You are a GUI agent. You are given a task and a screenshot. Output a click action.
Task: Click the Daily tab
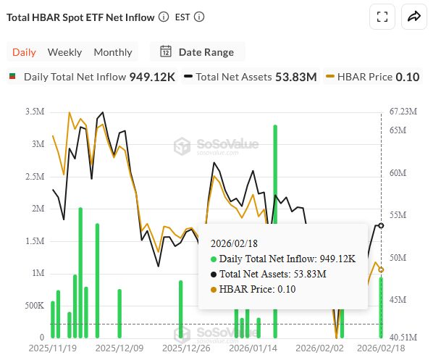coord(24,52)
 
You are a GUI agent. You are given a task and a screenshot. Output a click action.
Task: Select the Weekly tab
coord(64,52)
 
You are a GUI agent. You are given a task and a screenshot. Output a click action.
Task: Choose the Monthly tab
coord(113,52)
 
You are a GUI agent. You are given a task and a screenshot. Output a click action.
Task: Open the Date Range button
coord(197,52)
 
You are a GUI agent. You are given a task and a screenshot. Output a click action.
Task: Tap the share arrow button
coord(415,17)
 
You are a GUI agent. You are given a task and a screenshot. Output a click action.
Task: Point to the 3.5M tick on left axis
coord(33,112)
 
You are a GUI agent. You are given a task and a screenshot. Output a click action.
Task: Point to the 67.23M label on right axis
coord(403,112)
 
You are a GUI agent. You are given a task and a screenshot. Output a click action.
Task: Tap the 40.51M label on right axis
coord(403,338)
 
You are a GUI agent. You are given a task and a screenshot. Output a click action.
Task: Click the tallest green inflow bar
coord(275,232)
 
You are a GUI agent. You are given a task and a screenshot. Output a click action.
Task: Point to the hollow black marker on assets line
coord(382,225)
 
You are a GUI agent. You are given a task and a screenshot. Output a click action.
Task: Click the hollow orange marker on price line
coord(382,269)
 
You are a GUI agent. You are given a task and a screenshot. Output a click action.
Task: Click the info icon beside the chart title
coord(164,17)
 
